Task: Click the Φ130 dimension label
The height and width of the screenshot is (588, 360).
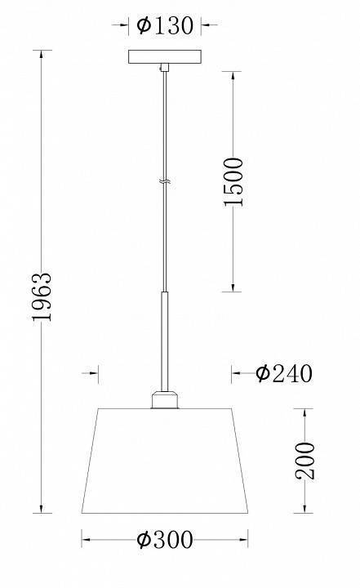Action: (x=165, y=25)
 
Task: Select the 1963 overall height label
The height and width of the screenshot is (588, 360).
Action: (x=42, y=296)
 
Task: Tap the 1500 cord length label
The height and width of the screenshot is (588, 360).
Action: (x=233, y=182)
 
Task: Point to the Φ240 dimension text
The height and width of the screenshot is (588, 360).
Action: (x=284, y=373)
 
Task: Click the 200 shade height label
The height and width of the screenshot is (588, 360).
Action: (x=304, y=461)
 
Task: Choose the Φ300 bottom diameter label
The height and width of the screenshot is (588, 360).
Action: (x=165, y=540)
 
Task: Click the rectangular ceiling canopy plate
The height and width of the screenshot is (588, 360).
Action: (x=165, y=56)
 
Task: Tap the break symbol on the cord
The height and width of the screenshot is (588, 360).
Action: (x=165, y=183)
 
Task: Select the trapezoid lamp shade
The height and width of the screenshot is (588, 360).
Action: (x=165, y=461)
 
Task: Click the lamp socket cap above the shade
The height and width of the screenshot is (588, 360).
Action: (x=165, y=399)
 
